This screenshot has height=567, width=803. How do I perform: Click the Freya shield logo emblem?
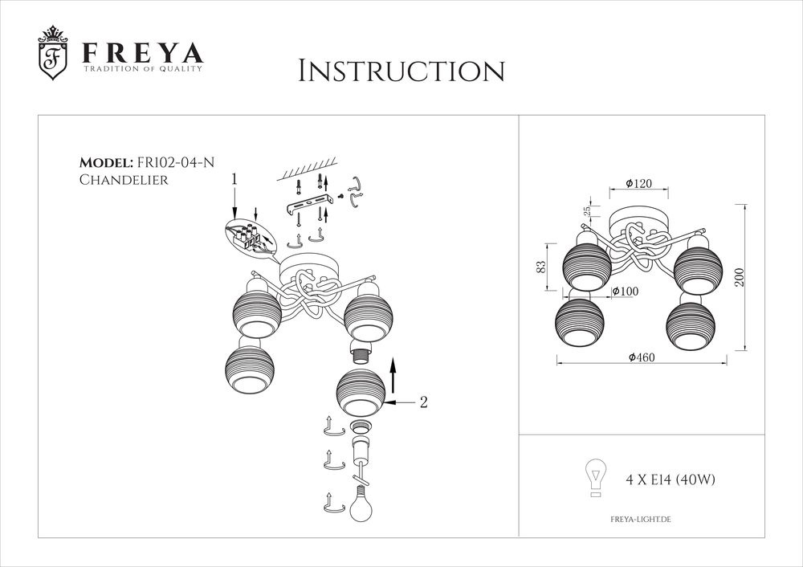[54, 55]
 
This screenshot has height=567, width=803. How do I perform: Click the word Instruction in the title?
[401, 71]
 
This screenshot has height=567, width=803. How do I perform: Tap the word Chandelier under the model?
[124, 181]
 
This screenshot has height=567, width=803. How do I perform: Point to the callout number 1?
[234, 179]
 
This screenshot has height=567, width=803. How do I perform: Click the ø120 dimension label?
[638, 184]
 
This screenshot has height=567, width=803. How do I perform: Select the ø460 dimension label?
[643, 357]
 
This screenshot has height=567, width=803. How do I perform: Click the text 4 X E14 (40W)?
[670, 480]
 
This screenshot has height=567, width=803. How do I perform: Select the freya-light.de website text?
[641, 520]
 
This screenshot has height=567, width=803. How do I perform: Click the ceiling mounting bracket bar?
[308, 204]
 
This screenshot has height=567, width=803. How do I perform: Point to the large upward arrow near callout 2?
[393, 377]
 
